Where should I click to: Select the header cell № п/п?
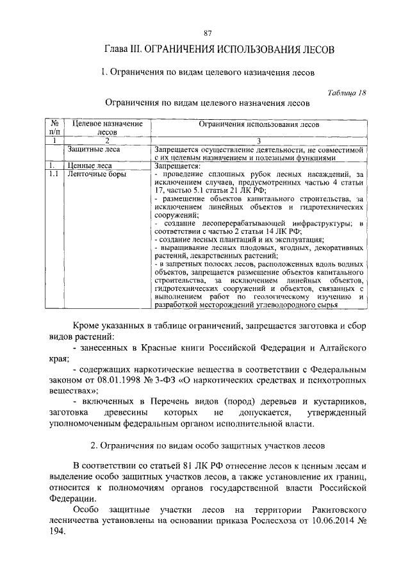(x=55, y=127)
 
